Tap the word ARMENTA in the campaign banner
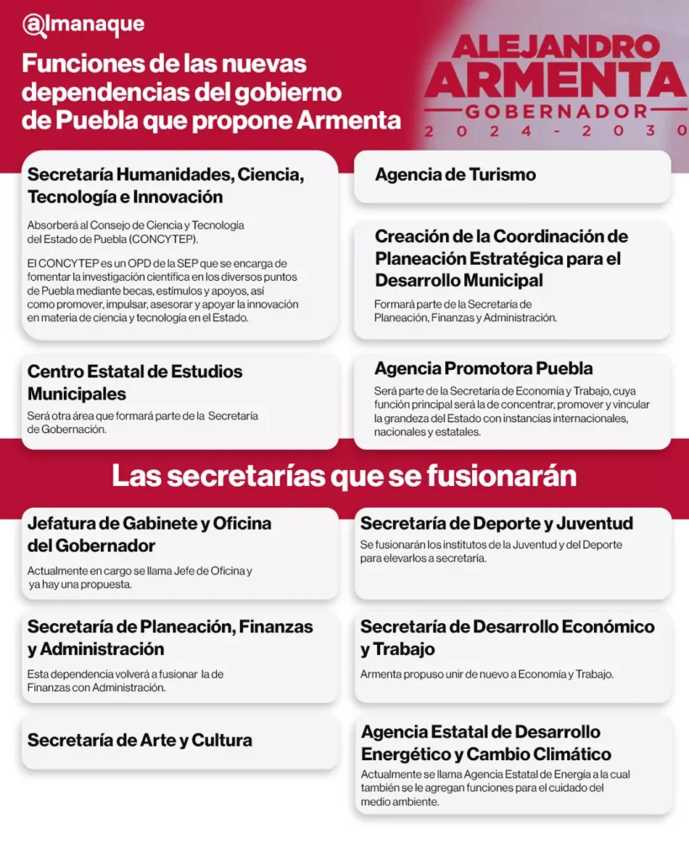coord(555,81)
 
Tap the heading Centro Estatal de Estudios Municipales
coord(135,383)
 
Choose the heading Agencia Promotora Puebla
coord(484,368)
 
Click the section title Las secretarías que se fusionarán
coord(344,476)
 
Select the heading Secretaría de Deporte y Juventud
coord(496,523)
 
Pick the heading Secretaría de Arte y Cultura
coord(140,741)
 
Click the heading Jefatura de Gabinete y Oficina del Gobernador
coord(149,534)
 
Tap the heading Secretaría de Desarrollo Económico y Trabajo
coord(507,638)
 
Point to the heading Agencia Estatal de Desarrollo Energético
coord(486,743)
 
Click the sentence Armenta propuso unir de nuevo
coord(486,674)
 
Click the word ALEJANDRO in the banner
coord(556,47)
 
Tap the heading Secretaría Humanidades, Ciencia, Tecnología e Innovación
coord(165,186)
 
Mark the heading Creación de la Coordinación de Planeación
coord(501,258)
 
